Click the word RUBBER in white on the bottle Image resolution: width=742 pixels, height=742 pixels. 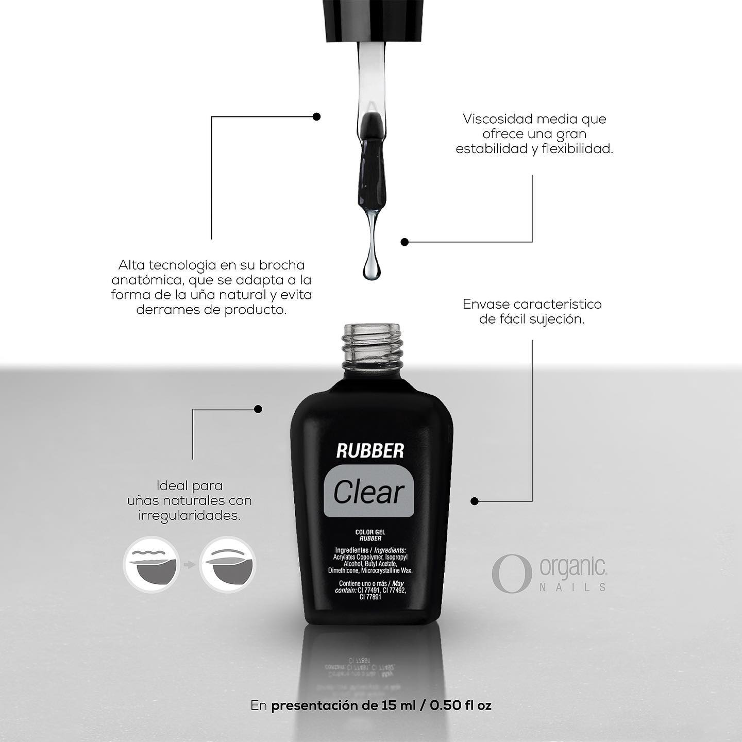click(370, 451)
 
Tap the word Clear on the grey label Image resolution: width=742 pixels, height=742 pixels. click(368, 492)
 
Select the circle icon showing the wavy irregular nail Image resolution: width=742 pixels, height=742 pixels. click(151, 565)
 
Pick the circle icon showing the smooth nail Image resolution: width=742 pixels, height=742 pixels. click(228, 565)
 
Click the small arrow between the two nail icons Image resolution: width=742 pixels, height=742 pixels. click(190, 565)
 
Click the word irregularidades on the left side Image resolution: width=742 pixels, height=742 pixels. click(190, 516)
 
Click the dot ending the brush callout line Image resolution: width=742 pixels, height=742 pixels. click(316, 116)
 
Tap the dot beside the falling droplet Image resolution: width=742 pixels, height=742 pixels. click(404, 242)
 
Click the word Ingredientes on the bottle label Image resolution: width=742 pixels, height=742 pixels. click(352, 550)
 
